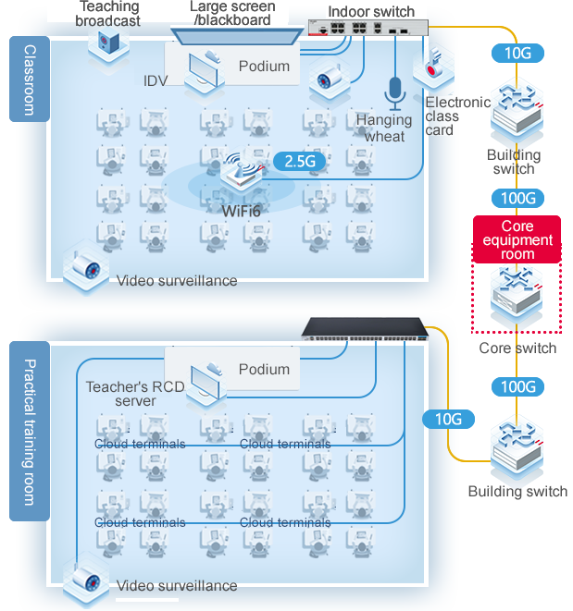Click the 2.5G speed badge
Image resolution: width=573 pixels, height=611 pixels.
[301, 161]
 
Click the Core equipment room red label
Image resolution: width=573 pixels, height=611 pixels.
[517, 240]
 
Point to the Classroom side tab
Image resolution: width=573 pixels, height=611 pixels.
[29, 79]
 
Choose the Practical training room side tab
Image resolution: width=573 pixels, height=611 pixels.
[29, 432]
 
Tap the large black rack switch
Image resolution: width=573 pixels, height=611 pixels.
[368, 329]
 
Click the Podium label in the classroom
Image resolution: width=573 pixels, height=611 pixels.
[264, 67]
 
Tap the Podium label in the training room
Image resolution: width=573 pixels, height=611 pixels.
[264, 369]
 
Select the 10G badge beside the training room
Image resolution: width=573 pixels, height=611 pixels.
[448, 419]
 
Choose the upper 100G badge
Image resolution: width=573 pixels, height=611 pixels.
[517, 198]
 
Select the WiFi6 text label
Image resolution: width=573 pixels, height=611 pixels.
[241, 212]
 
